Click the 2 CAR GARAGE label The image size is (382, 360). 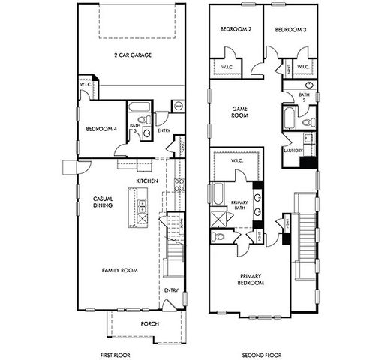132,55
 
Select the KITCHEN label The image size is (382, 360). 146,182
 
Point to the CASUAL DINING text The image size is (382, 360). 102,202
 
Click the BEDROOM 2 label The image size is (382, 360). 235,29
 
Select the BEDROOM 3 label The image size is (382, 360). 288,29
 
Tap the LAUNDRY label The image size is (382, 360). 293,150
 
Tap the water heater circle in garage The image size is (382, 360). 178,106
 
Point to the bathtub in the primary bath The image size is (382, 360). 218,193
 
